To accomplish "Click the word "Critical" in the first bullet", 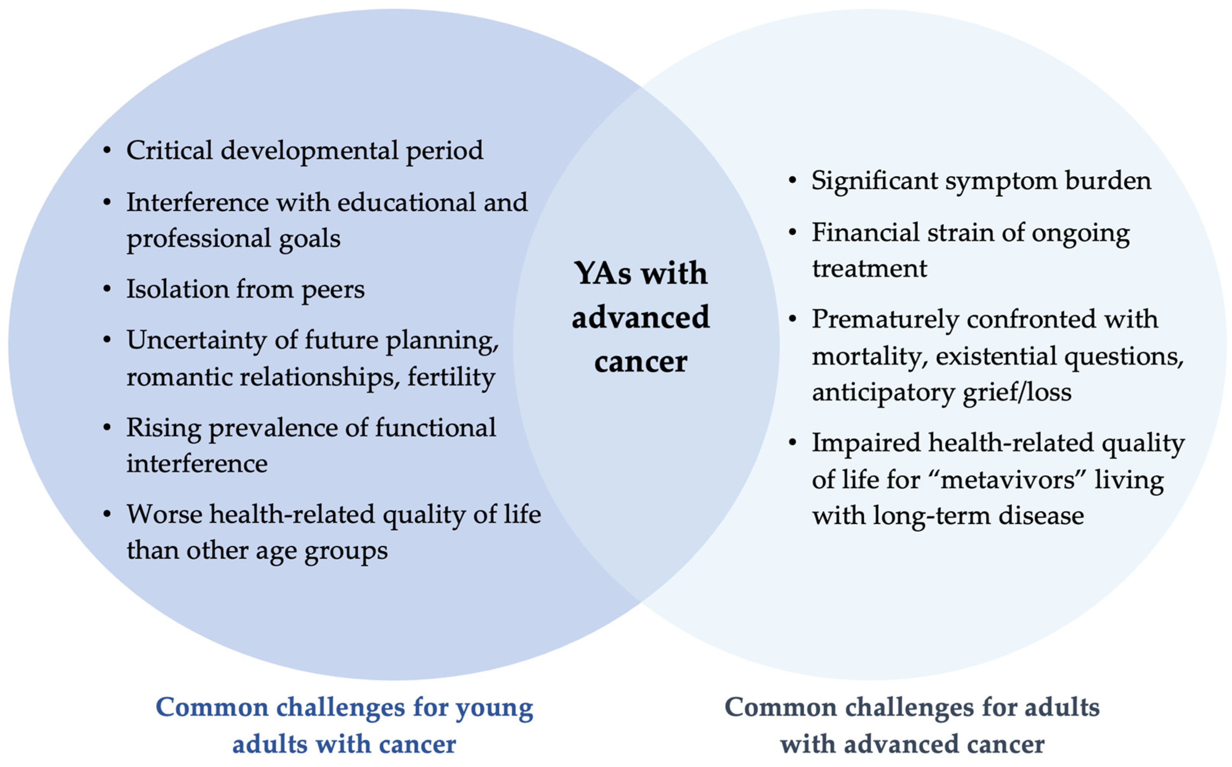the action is (169, 150).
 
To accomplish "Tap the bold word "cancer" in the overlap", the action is (640, 362).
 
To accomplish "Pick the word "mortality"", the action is (870, 357).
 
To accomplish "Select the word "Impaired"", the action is (866, 443).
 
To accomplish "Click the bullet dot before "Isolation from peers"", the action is (107, 289).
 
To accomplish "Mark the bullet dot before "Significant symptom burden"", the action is (792, 181).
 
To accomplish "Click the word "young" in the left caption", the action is (494, 708).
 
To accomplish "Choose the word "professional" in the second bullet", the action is (199, 239).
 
